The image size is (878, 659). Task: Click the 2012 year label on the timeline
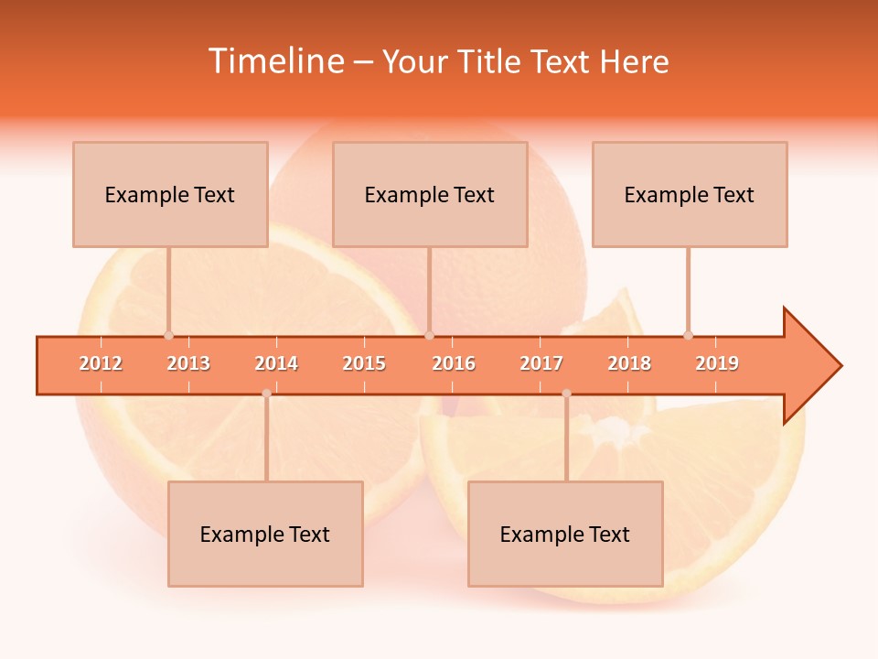[101, 363]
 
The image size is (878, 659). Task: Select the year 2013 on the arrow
[188, 363]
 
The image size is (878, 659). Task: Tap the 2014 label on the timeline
[276, 363]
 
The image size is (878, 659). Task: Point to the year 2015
[364, 363]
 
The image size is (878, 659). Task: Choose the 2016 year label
[454, 363]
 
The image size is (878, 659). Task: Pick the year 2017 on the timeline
[541, 363]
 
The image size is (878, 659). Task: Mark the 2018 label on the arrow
[629, 363]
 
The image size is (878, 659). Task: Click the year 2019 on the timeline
[717, 363]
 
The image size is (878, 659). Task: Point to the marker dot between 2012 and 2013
[168, 335]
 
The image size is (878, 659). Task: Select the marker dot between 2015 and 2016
[429, 335]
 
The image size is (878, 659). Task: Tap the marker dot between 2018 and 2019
[688, 335]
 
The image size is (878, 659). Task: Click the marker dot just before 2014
[266, 394]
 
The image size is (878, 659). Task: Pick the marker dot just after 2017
[566, 394]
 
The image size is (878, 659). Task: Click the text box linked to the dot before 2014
[265, 534]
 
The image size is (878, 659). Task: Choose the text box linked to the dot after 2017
[565, 534]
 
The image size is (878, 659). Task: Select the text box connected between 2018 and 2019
[690, 194]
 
